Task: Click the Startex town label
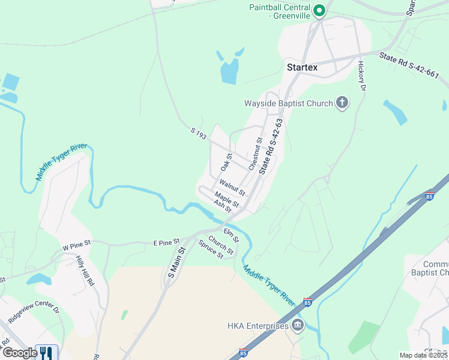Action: coord(302,67)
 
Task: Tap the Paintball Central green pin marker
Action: coord(320,10)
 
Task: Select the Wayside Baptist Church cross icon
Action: coord(342,103)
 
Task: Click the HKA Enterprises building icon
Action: coord(298,326)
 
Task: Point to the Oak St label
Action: coord(226,161)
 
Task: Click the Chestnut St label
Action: coord(256,153)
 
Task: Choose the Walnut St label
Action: coord(232,188)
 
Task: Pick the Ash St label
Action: coord(222,206)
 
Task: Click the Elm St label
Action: coord(231,235)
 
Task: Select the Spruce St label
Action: coord(211,250)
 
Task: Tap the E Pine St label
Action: coord(167,241)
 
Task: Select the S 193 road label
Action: coord(199,133)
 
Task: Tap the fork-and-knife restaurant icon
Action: coord(46,352)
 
